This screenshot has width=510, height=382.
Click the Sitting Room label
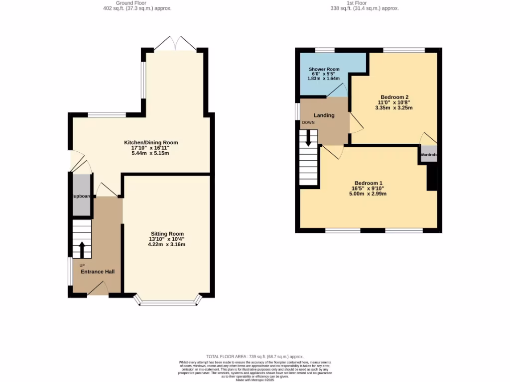(167, 234)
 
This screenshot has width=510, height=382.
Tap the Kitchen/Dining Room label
(151, 143)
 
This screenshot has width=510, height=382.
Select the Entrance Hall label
(98, 272)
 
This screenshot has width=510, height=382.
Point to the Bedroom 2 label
(394, 96)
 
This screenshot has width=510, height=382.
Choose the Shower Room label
(324, 69)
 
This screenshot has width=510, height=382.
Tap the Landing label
(324, 115)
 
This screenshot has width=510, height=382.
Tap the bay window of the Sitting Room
(169, 301)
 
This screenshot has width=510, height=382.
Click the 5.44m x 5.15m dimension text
(150, 153)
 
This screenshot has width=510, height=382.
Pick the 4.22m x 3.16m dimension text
(167, 244)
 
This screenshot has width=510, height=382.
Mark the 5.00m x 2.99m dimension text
(368, 193)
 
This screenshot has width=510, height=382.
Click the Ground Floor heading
(131, 3)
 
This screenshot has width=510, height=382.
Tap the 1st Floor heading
(365, 3)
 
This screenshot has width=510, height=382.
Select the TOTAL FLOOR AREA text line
(255, 357)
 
